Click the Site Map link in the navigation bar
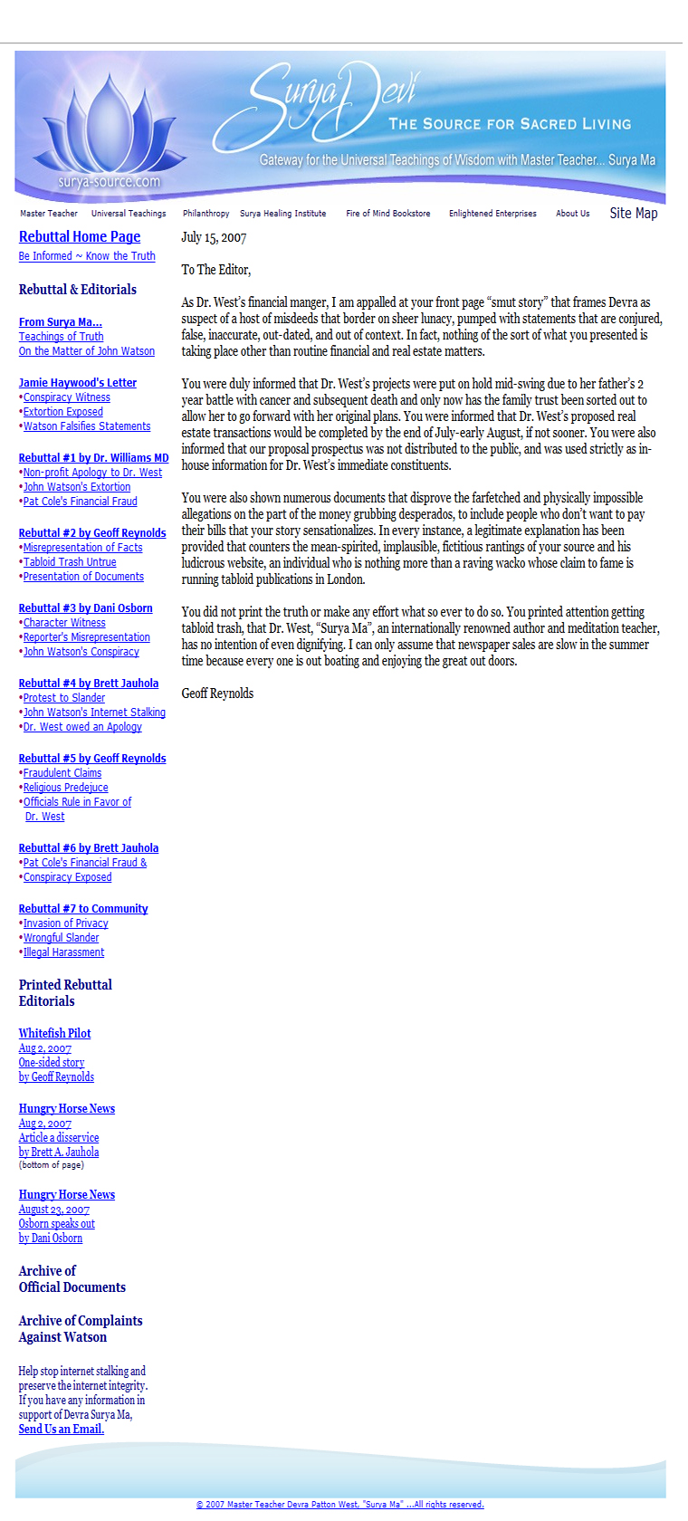[x=633, y=213]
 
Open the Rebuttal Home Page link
[x=80, y=237]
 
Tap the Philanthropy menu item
[x=205, y=214]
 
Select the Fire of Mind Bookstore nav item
[x=387, y=214]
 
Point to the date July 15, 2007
[x=214, y=238]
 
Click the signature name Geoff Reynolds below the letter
[x=217, y=694]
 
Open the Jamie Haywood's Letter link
[x=78, y=383]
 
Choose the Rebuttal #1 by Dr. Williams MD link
[x=93, y=458]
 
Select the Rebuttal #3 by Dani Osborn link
[x=85, y=608]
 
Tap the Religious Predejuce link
[x=65, y=788]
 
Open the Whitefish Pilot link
[x=54, y=1033]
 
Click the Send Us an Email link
[x=61, y=1430]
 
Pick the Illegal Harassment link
[x=63, y=952]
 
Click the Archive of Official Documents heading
[x=72, y=1279]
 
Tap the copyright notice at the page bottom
[x=339, y=1505]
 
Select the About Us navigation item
[x=572, y=214]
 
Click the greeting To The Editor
[x=215, y=270]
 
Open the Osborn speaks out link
[x=56, y=1224]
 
